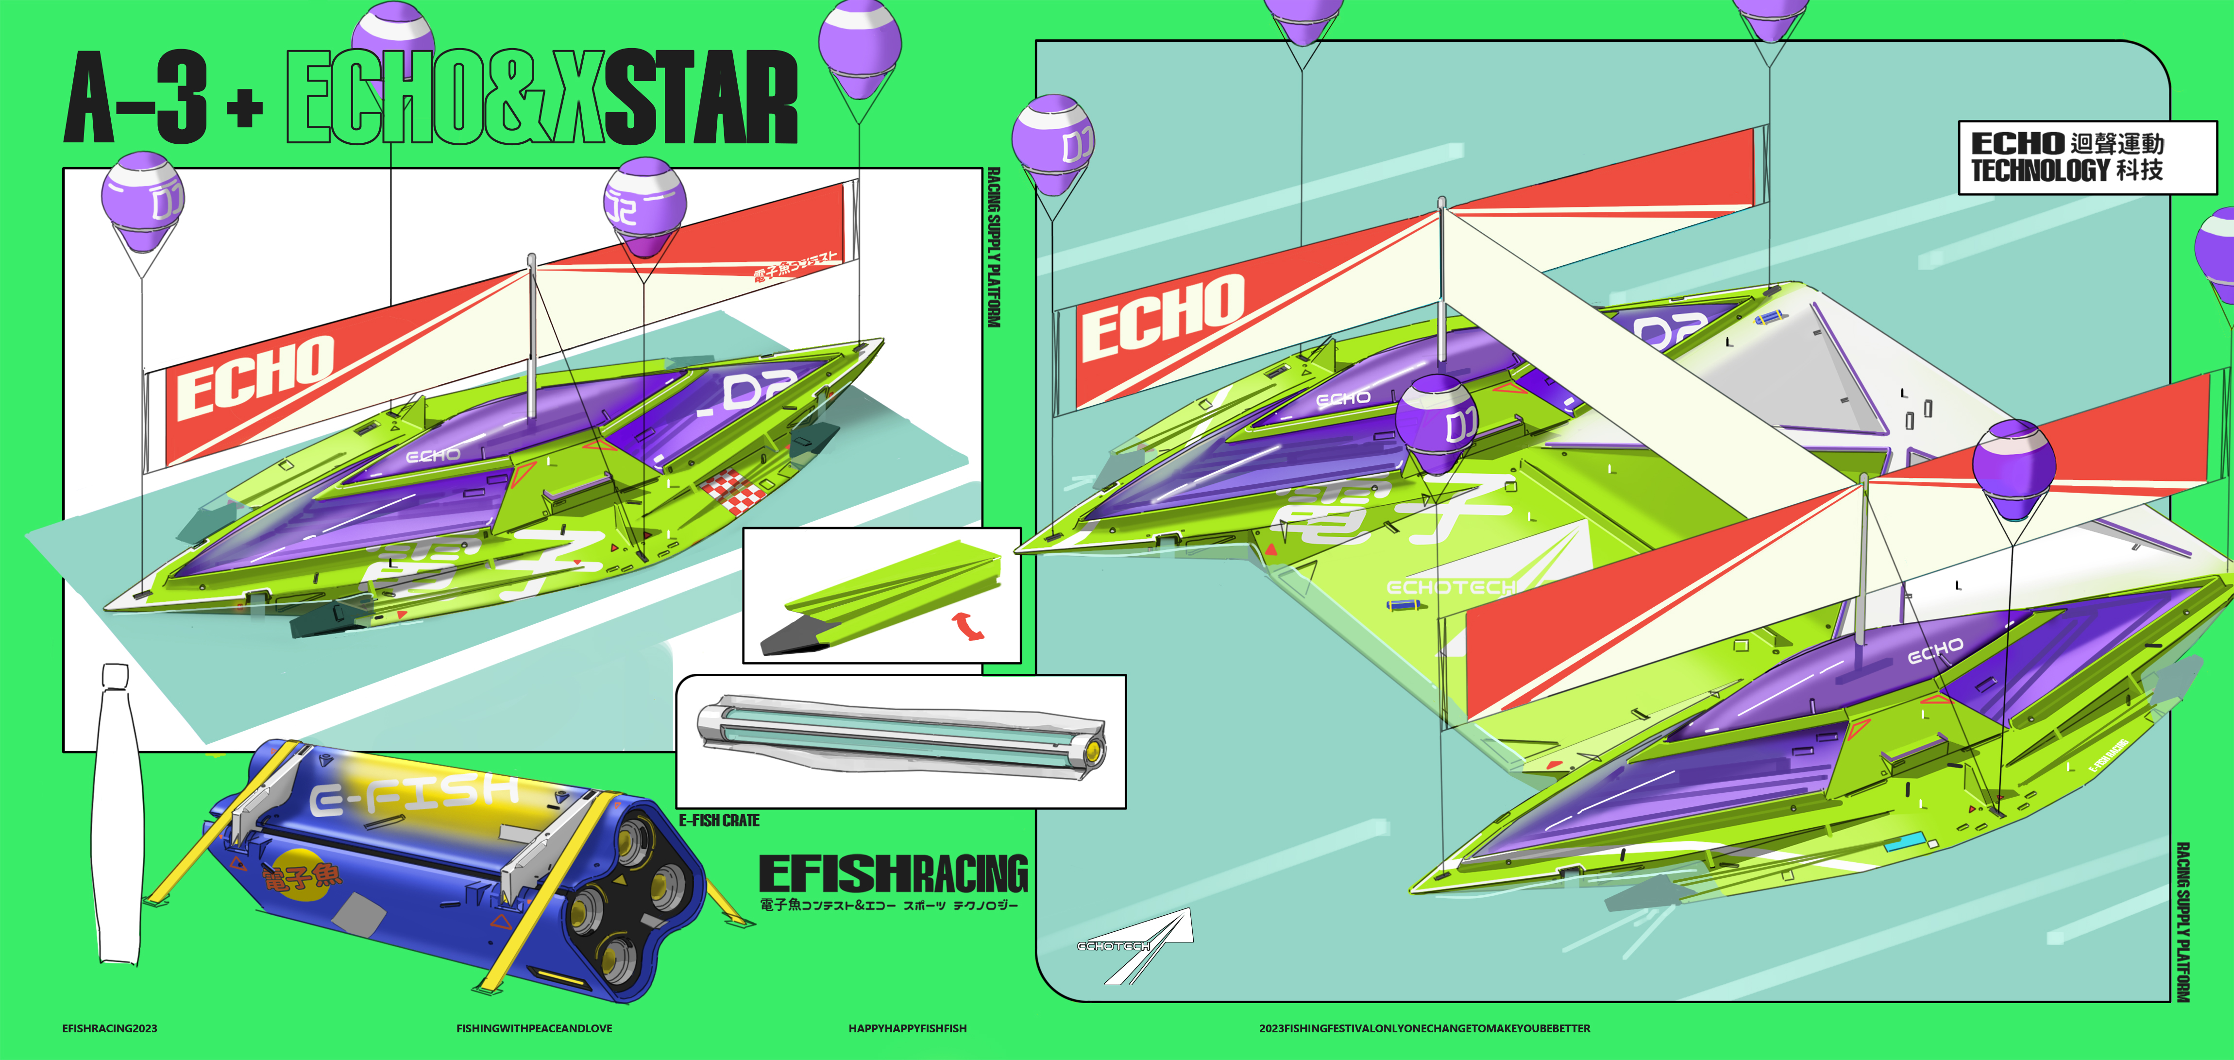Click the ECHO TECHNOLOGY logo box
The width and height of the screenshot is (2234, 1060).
pos(2086,157)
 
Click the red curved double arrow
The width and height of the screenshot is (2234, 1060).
pos(969,625)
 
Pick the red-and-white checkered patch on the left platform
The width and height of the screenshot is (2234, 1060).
pos(733,492)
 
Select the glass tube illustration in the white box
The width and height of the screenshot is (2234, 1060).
pos(900,736)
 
